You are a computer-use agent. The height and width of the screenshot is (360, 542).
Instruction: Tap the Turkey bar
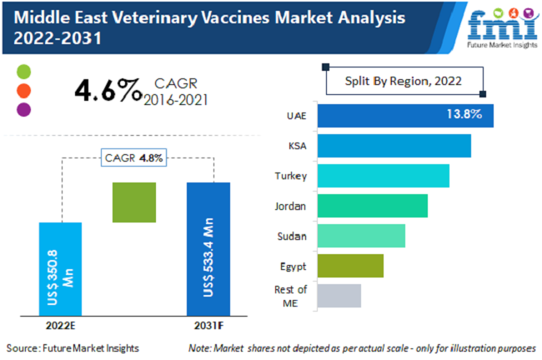point(383,176)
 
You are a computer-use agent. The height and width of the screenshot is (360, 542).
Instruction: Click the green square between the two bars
point(134,202)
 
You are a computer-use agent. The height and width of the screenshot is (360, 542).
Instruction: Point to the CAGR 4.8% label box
point(134,157)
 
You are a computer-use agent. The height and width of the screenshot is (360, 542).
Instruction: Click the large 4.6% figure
point(108,91)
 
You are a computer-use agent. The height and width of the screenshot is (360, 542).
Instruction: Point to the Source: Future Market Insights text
point(73,347)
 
